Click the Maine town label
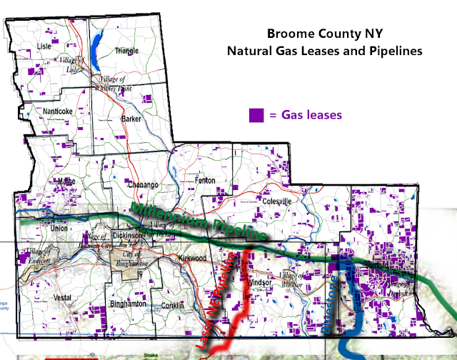point(66,181)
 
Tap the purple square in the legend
point(256,114)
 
